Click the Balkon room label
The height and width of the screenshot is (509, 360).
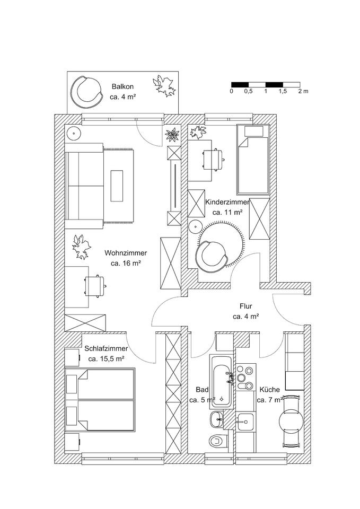122,86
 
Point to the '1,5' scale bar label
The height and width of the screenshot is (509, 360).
282,92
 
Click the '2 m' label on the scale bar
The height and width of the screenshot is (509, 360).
303,92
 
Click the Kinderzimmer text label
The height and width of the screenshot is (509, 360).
227,202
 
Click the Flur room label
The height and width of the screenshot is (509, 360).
245,306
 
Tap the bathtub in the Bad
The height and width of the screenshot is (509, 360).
222,379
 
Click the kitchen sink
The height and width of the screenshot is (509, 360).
245,423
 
